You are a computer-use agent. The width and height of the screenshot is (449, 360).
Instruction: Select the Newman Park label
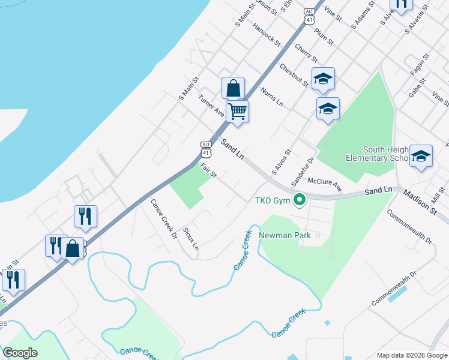pyautogui.click(x=285, y=235)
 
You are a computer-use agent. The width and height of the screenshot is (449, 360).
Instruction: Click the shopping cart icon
pyautogui.click(x=238, y=111)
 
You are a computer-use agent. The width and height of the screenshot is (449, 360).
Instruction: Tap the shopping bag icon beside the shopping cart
pyautogui.click(x=233, y=89)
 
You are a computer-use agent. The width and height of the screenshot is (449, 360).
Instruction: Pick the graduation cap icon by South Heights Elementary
pyautogui.click(x=421, y=157)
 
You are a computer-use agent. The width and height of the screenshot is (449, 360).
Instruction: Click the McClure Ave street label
pyautogui.click(x=324, y=184)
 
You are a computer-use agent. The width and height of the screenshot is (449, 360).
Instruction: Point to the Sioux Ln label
pyautogui.click(x=190, y=238)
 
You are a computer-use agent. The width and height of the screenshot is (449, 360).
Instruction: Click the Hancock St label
pyautogui.click(x=267, y=35)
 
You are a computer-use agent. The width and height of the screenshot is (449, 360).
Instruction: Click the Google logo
pyautogui.click(x=20, y=352)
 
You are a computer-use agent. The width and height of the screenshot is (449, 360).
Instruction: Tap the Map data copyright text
pyautogui.click(x=412, y=355)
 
